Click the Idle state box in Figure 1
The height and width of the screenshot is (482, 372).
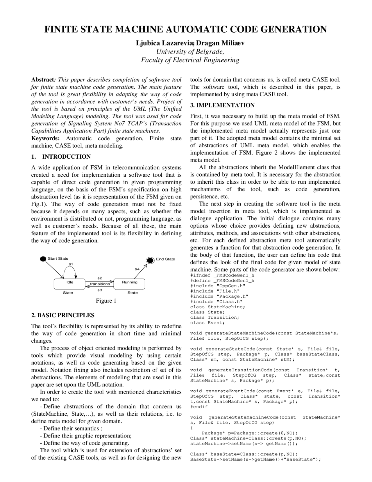pos(70,283)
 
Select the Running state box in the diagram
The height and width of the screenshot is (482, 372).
pos(130,283)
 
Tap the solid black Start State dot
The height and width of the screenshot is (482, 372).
pos(43,259)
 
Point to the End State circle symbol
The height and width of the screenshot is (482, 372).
pos(150,260)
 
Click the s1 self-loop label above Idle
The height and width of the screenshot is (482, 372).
pos(71,264)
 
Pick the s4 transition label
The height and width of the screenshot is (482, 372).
pos(137,269)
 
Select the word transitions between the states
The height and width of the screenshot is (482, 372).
pos(100,284)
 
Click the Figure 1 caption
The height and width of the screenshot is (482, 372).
pos(106,301)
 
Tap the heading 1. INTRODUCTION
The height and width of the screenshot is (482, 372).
pos(61,157)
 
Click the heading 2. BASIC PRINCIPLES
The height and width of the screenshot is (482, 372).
pos(63,315)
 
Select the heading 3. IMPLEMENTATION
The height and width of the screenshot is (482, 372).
pos(222,105)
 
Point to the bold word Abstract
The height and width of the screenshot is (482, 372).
pos(43,80)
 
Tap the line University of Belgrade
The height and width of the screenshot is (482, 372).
pos(190,52)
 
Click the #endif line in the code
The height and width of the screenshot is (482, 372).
pos(199,407)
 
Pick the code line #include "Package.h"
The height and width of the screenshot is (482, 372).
pos(219,296)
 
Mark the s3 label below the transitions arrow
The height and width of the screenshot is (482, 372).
pos(100,290)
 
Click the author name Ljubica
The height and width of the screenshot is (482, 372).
pos(148,43)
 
